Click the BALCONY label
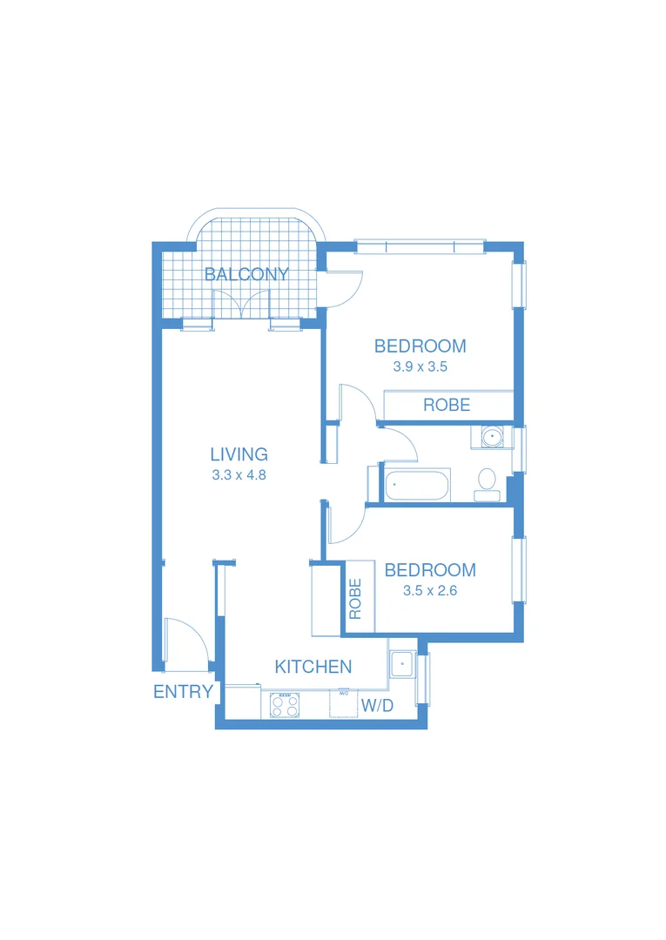pos(246,275)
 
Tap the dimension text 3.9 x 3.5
pos(420,366)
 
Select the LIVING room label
pos(239,454)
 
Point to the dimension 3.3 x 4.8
pos(239,475)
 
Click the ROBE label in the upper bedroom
pos(447,405)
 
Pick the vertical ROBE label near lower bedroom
pos(355,599)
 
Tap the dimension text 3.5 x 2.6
pos(430,590)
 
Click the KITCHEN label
pos(313,667)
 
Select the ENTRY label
pos(183,692)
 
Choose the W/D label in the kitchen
pos(377,706)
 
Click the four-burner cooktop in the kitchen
pos(285,704)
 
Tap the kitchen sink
pos(402,663)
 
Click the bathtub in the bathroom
pos(417,485)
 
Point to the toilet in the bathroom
pos(487,481)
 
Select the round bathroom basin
pos(492,436)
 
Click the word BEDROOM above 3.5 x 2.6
pos(430,570)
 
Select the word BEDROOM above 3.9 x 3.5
pos(420,346)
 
